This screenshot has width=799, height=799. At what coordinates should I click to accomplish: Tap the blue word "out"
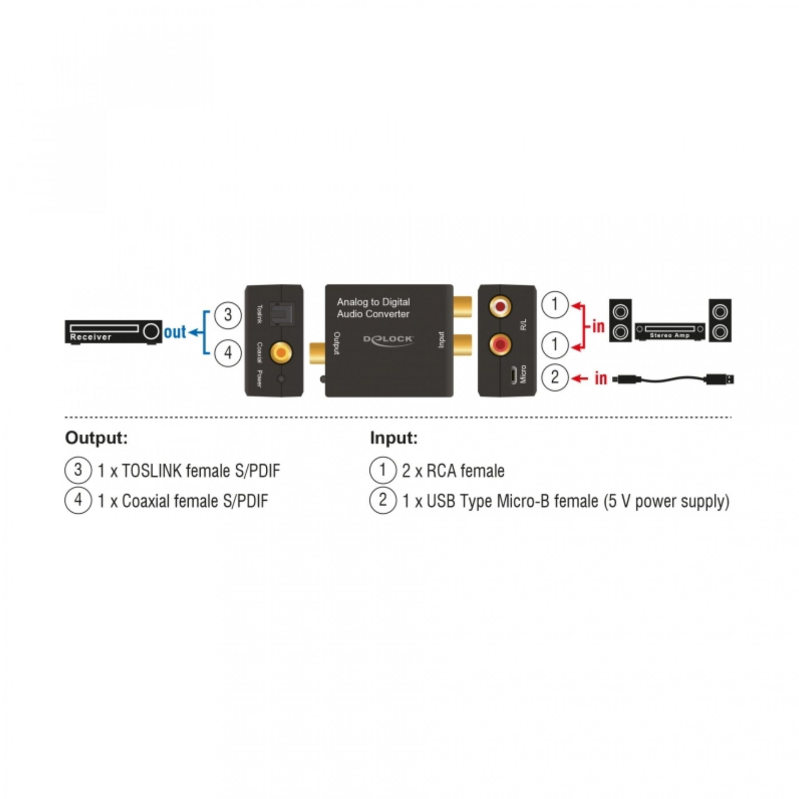click(x=175, y=332)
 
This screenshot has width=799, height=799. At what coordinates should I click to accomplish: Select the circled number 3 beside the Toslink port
click(x=228, y=315)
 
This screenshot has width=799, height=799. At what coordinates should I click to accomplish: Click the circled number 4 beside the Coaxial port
click(x=228, y=353)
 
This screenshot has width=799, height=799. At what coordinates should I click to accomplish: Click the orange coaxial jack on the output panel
click(x=281, y=353)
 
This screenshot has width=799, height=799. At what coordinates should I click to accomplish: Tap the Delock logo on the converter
click(x=388, y=340)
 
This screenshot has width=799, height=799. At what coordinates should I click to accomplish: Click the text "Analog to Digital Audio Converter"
click(x=373, y=308)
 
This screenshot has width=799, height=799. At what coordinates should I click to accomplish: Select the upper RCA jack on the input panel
click(x=500, y=307)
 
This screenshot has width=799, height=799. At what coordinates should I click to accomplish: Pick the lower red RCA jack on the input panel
click(x=500, y=344)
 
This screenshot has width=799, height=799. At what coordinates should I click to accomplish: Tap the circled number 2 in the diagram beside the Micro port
click(x=555, y=378)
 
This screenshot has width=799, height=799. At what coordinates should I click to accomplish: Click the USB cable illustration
click(x=672, y=380)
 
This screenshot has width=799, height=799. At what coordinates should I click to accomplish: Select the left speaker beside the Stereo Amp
click(x=620, y=320)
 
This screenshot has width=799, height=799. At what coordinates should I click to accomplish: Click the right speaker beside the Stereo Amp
click(x=720, y=320)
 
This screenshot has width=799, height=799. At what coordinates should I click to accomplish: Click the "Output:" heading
click(x=96, y=439)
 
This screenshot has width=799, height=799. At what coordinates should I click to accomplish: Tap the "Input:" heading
click(x=394, y=439)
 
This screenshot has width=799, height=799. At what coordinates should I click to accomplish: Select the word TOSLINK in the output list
click(x=152, y=471)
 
